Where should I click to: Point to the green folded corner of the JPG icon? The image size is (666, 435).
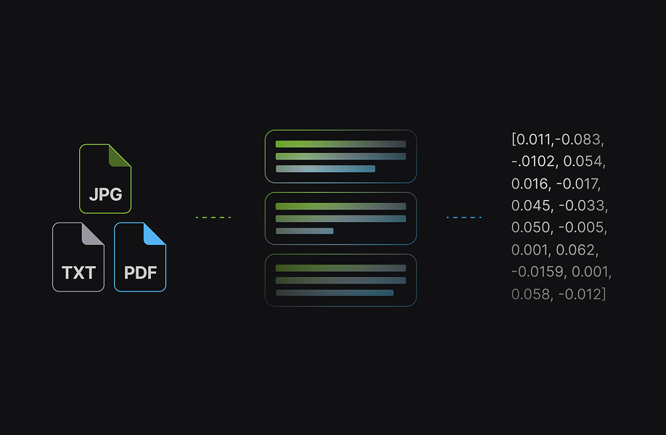(120, 155)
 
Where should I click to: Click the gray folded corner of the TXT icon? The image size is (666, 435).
(93, 233)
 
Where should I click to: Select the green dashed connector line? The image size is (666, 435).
(213, 217)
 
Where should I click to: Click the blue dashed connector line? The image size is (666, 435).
(464, 217)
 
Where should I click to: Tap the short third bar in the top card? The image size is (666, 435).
(325, 169)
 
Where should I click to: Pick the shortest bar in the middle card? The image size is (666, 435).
(305, 231)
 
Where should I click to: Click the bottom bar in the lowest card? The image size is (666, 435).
(334, 293)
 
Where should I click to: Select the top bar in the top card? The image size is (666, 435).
(340, 144)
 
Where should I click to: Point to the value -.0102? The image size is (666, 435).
(535, 161)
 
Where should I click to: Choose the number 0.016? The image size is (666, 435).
(530, 183)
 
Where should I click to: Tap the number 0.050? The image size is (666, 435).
(530, 228)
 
